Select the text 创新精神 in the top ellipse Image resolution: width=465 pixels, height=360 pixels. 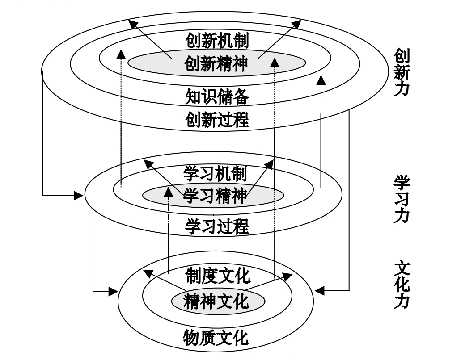pyautogui.click(x=217, y=64)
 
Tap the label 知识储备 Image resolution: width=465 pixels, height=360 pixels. pyautogui.click(x=217, y=96)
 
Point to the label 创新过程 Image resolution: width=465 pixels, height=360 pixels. pyautogui.click(x=217, y=120)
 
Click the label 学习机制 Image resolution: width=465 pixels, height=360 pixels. pyautogui.click(x=215, y=172)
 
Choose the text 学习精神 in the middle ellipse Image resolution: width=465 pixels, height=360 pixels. pyautogui.click(x=215, y=196)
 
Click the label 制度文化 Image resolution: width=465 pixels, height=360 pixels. pyautogui.click(x=217, y=276)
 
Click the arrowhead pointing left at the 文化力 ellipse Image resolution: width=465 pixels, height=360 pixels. pyautogui.click(x=319, y=291)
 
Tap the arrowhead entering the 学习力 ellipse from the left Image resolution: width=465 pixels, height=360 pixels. pyautogui.click(x=79, y=195)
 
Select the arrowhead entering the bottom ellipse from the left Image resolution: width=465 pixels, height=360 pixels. pyautogui.click(x=113, y=292)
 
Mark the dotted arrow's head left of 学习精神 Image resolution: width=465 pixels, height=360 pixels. pyautogui.click(x=168, y=193)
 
